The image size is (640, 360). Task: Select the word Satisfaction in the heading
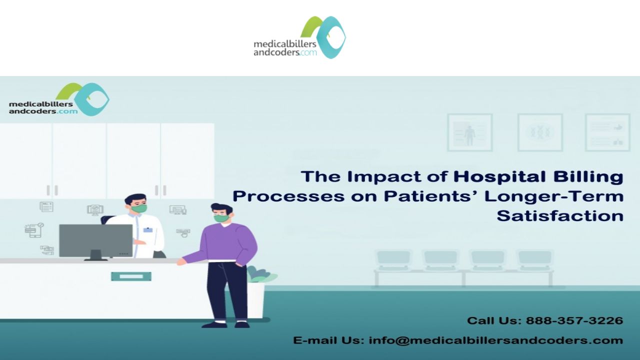click(560, 215)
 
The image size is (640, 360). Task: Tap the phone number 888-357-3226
click(574, 320)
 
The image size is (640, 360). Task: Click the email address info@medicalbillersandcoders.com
click(496, 340)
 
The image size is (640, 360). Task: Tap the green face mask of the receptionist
click(139, 208)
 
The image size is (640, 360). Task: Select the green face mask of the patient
click(222, 218)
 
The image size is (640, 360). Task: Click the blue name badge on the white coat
click(147, 229)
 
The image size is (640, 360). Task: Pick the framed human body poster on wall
click(469, 132)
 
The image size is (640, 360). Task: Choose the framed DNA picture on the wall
click(540, 132)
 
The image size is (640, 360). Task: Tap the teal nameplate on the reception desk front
click(131, 276)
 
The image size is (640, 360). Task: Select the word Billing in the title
click(588, 177)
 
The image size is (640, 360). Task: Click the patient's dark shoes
click(225, 324)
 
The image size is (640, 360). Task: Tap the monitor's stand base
click(96, 259)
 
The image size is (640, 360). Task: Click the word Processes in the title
click(288, 197)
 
